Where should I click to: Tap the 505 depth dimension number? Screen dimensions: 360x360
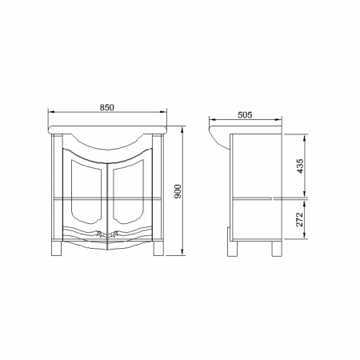[246, 114]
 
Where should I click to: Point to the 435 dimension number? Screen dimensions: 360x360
[299, 166]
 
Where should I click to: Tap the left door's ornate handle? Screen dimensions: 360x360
[98, 234]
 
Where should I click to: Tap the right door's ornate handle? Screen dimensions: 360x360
[118, 234]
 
